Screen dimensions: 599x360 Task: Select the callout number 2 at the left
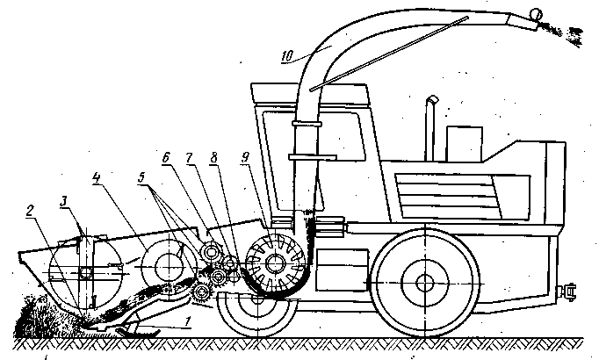30,210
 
